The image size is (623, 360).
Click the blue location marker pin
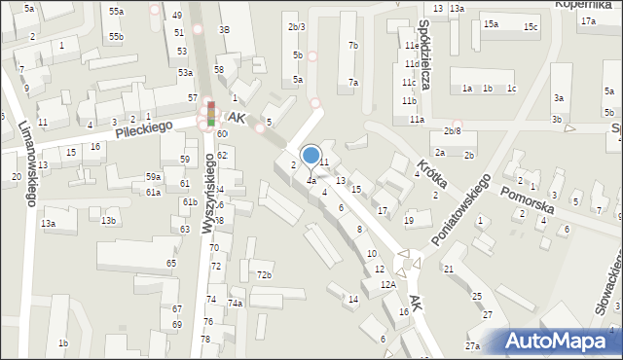[x=311, y=156]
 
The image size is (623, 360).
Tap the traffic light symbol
[x=210, y=114]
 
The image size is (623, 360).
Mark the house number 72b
[x=264, y=275]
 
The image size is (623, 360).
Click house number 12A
[x=388, y=284]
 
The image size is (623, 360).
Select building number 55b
[x=117, y=36]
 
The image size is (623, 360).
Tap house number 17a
[x=588, y=19]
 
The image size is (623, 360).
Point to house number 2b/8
[x=452, y=130]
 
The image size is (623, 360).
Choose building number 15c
[x=530, y=26]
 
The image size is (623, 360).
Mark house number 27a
[x=473, y=346]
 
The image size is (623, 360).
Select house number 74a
[x=236, y=304]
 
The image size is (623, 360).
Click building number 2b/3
[x=297, y=26]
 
